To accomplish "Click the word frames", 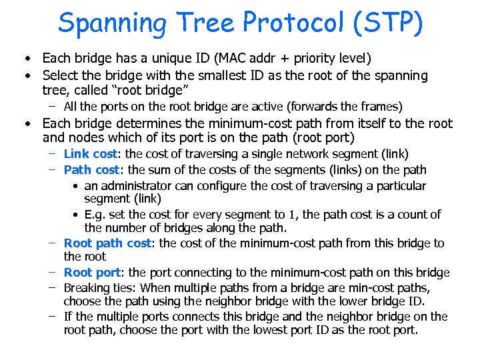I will click(x=380, y=107).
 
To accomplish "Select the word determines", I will click(x=144, y=123).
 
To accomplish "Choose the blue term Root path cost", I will click(x=108, y=243).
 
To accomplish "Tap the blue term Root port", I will click(x=93, y=273).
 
